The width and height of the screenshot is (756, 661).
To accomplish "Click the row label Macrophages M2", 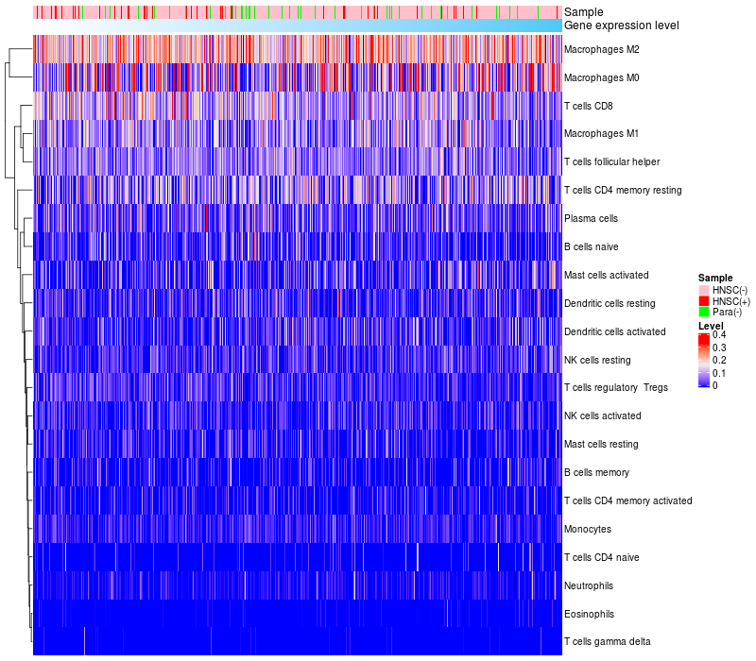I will coord(601,49).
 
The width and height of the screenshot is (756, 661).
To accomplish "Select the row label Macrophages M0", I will coord(601,77).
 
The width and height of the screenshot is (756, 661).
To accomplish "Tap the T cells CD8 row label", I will coord(588,106).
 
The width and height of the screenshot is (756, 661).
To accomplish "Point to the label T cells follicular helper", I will coord(611,161).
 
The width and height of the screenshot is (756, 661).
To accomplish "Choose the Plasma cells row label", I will coord(591,218).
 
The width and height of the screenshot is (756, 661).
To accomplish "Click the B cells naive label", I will coord(592,246).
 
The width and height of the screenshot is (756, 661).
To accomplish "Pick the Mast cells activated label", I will coord(606,275).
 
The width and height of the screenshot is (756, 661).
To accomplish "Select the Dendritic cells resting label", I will coord(610,303).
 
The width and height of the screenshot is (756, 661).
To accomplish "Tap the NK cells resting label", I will coord(596,360).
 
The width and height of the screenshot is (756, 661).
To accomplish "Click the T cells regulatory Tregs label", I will coord(615,388).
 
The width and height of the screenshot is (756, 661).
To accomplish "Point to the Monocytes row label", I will coord(587,529).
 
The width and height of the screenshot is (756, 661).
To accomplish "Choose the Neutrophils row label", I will coord(590,585).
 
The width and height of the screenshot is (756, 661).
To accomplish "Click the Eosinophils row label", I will coord(590,614).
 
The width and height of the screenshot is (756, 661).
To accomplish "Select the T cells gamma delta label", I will coord(607,642).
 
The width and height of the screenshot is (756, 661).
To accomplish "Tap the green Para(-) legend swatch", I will coord(703,312).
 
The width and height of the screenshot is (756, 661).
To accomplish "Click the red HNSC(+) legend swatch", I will coord(703,300).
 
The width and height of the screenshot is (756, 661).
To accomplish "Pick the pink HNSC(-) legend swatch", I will coord(703,289).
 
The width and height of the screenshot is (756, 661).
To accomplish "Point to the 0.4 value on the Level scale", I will coord(719,335).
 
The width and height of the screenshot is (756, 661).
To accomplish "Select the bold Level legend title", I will coord(710,326).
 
